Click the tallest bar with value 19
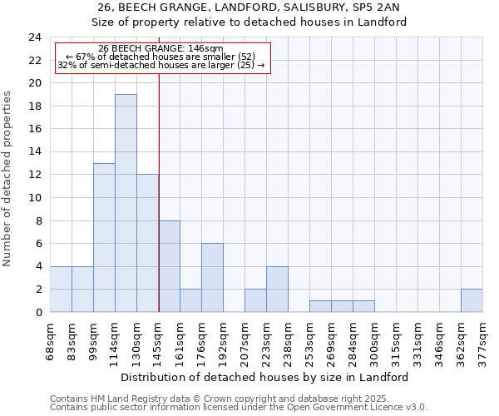click(126, 203)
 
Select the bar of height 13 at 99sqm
click(104, 238)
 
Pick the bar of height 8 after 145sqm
click(169, 266)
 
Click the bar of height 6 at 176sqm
click(212, 278)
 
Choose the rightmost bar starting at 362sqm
click(472, 300)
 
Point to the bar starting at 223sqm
click(277, 290)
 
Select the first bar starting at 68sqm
click(61, 290)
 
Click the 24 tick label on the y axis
click(34, 37)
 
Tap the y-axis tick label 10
click(34, 198)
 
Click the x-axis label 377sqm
click(483, 339)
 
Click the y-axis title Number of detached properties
click(8, 179)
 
